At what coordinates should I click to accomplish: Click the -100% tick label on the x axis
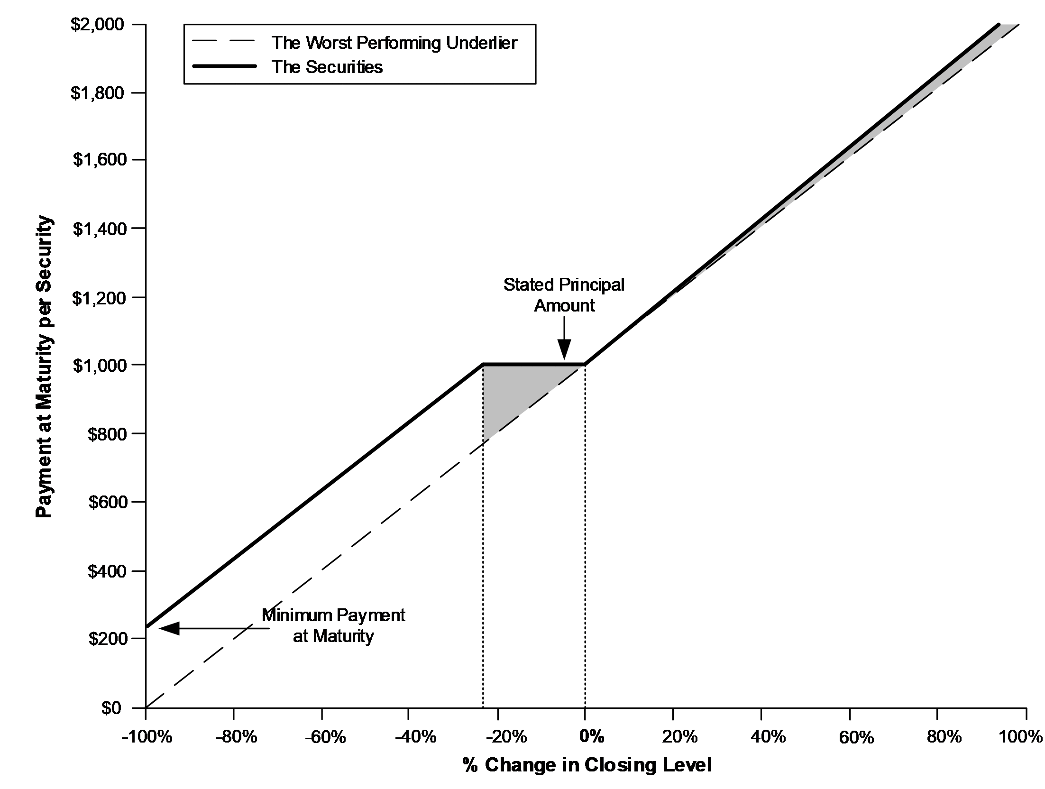pos(146,737)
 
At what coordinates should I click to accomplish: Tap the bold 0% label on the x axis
pos(592,737)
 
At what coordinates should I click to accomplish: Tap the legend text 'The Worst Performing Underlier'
pos(394,43)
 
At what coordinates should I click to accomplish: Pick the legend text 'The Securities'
pos(327,67)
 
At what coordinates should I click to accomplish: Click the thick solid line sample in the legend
pos(225,67)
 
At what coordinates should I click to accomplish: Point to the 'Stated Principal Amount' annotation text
pos(564,295)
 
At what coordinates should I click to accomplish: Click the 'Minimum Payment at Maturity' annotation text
pos(334,625)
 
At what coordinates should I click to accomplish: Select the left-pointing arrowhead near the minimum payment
pos(169,629)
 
